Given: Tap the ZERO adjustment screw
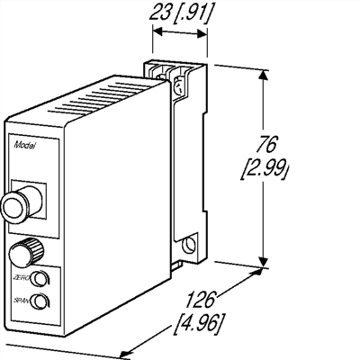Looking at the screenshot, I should [39, 279].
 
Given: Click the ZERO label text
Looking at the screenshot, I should [21, 276].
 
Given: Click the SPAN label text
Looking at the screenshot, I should [21, 299].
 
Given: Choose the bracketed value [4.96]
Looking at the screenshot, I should [203, 321].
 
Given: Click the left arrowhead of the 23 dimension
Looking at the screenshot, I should [156, 31].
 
